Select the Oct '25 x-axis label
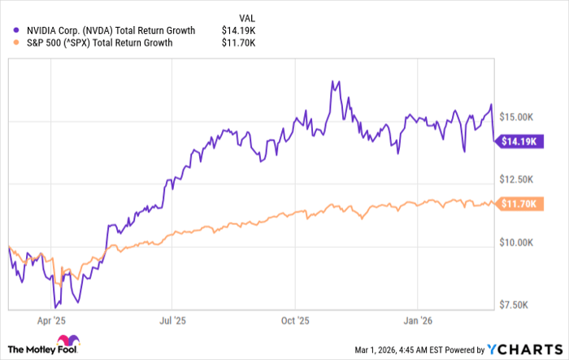click(x=298, y=320)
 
